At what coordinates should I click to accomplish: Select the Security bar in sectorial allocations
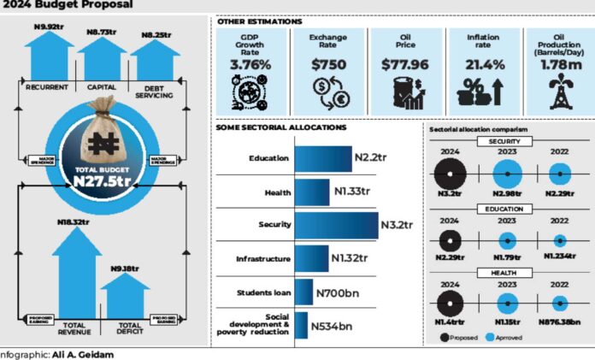click(x=336, y=225)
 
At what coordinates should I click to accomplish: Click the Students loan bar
click(x=303, y=292)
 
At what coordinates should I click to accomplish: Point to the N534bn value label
click(x=330, y=325)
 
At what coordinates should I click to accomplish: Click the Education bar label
click(x=268, y=158)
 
